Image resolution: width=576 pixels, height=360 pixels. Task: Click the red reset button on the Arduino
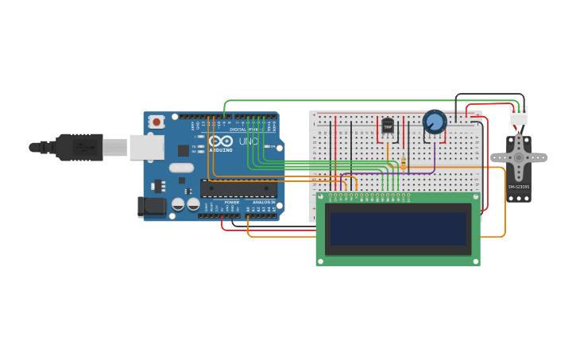click(x=157, y=122)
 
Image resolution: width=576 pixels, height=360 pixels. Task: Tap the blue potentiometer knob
click(x=435, y=122)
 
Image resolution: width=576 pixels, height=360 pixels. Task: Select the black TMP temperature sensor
click(x=388, y=126)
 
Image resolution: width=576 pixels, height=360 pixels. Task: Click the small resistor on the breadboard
click(x=404, y=163)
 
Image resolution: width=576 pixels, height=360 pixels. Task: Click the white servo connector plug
click(x=519, y=117)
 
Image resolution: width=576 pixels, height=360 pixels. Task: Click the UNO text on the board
click(x=249, y=141)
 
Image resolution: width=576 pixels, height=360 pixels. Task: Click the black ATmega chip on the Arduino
click(x=238, y=188)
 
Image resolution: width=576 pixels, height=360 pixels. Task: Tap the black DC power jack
click(x=151, y=207)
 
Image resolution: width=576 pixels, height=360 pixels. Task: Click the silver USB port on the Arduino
click(x=147, y=147)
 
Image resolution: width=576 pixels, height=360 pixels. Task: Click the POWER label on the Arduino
click(x=232, y=203)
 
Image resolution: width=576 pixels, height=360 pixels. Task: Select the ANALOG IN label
click(x=264, y=203)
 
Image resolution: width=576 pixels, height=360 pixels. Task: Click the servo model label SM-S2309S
click(x=519, y=187)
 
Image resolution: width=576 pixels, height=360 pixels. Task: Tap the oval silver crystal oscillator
click(x=181, y=168)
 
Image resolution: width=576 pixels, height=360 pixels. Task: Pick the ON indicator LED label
click(x=272, y=146)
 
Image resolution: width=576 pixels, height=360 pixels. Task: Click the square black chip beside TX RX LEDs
click(x=184, y=149)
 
